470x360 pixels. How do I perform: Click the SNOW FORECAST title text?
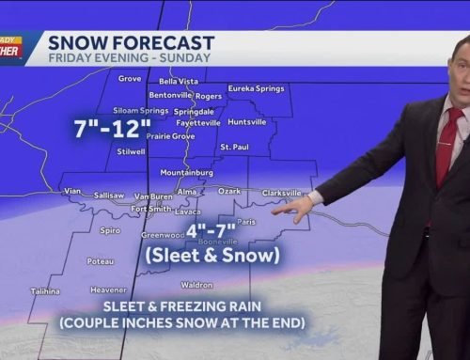point(131,42)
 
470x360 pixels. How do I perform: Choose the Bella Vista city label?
point(179,81)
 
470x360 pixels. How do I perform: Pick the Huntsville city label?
point(247,121)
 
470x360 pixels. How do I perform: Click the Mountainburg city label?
point(180,172)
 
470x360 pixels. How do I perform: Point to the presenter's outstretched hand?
point(300,208)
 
